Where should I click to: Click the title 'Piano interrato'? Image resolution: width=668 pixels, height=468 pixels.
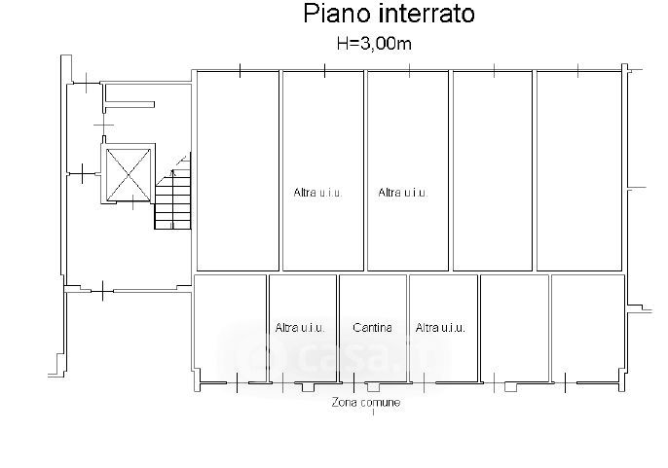click(x=389, y=14)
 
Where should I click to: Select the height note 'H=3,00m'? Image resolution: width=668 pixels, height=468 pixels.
click(x=374, y=44)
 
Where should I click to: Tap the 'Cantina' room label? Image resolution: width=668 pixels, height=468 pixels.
click(x=372, y=328)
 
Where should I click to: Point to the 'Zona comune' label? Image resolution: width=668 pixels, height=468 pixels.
click(x=366, y=403)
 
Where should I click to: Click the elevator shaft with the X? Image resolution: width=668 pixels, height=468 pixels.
click(x=129, y=174)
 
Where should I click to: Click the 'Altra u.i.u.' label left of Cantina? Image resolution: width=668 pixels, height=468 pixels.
click(x=300, y=328)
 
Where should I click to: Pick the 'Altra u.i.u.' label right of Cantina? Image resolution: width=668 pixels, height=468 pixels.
click(x=440, y=328)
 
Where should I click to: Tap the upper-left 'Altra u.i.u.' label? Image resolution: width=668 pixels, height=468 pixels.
click(x=317, y=193)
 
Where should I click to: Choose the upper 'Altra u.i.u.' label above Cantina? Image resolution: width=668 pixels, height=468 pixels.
click(x=402, y=193)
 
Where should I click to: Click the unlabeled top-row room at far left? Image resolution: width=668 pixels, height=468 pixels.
click(x=238, y=171)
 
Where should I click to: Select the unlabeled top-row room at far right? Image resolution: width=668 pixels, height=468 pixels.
click(x=579, y=171)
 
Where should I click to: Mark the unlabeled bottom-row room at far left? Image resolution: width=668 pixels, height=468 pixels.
click(x=230, y=329)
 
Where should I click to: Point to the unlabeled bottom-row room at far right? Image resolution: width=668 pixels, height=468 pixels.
click(x=588, y=329)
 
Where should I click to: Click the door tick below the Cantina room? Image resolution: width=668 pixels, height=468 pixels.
click(x=353, y=382)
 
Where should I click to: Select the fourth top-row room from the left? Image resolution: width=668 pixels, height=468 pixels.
click(x=493, y=171)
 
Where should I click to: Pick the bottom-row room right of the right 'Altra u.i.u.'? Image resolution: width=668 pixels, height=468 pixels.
click(x=514, y=329)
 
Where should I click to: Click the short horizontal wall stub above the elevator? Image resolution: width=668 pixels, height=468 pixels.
click(x=130, y=104)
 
